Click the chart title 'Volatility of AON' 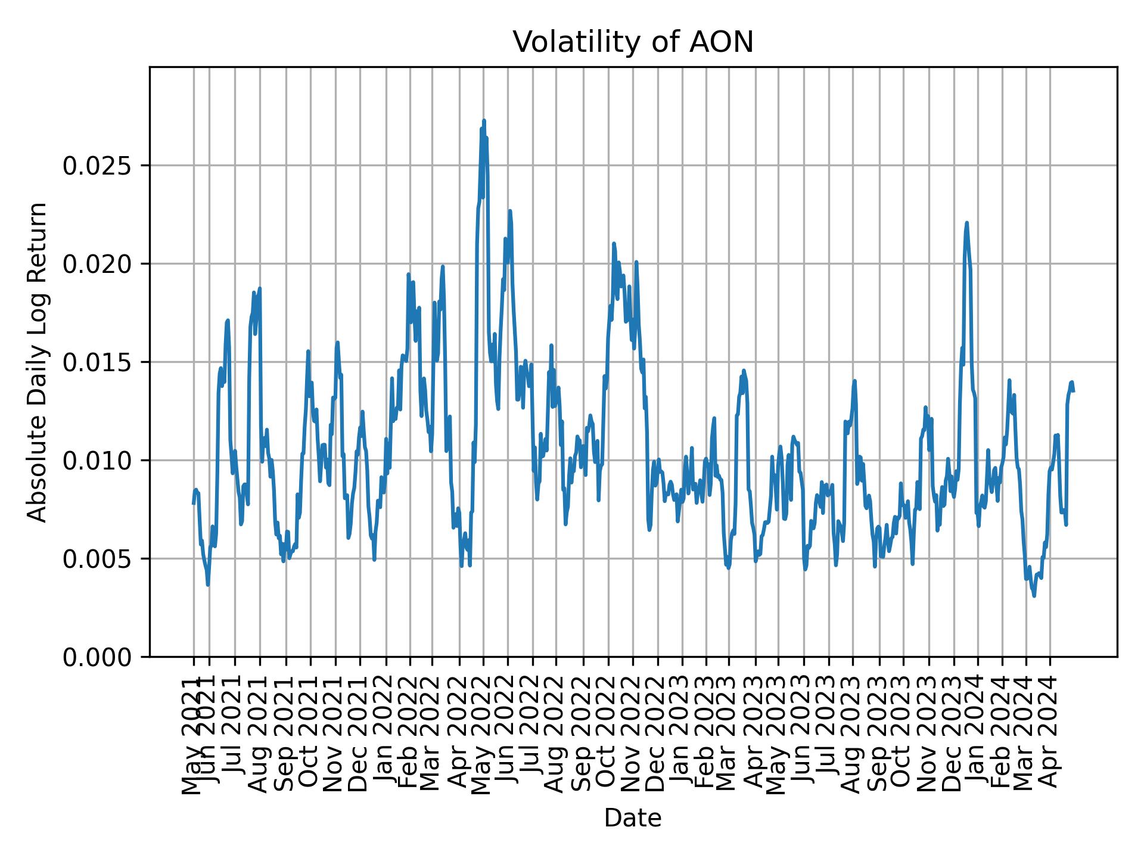point(633,42)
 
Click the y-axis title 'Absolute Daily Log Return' point(38,362)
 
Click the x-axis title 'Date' point(633,818)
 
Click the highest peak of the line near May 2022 point(484,120)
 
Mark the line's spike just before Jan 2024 point(966,223)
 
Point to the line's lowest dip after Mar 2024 point(1034,596)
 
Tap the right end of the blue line point(1073,390)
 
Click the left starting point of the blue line point(193,503)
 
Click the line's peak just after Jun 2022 point(510,211)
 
